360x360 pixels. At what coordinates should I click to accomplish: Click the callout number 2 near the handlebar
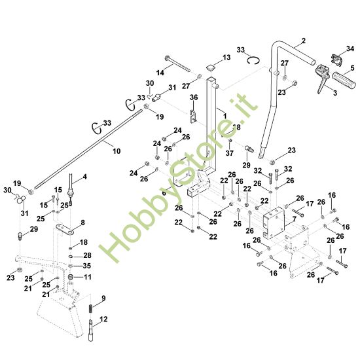tap(303, 41)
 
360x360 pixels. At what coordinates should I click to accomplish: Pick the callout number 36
tap(193, 98)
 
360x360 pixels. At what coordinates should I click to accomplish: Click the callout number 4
tap(83, 177)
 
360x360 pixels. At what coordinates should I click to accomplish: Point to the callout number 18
tap(83, 242)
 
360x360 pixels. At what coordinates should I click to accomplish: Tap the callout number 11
tap(88, 278)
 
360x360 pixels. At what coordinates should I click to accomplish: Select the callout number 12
tap(102, 320)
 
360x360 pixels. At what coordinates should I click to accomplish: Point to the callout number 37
tap(230, 154)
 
